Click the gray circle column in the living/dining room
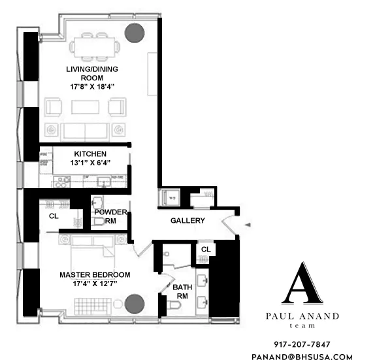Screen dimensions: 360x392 coord(135,32)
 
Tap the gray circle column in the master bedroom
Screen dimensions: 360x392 coord(135,304)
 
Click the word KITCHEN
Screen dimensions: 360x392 coord(90,154)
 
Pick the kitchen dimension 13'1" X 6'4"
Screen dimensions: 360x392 coord(90,163)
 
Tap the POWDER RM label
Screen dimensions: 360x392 coord(110,217)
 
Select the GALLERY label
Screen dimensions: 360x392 coord(188,221)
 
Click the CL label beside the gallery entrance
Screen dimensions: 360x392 coord(205,250)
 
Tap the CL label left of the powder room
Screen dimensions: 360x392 coord(53,216)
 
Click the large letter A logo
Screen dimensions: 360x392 coord(302,284)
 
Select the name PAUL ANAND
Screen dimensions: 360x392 coord(302,316)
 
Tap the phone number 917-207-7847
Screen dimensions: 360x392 coord(302,344)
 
